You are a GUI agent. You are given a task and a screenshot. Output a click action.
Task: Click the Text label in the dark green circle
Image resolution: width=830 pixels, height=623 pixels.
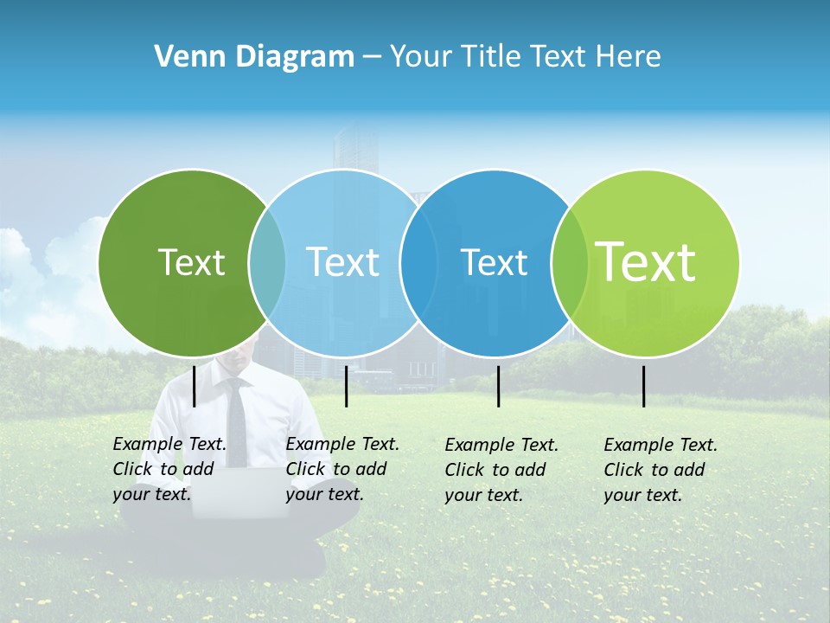pyautogui.click(x=191, y=262)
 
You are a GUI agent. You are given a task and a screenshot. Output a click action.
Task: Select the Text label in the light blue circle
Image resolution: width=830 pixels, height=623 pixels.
pyautogui.click(x=342, y=262)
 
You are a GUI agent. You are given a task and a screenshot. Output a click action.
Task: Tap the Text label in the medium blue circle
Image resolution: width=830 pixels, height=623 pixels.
pyautogui.click(x=494, y=262)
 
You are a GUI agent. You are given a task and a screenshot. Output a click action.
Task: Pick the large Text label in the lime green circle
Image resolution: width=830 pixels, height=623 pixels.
pyautogui.click(x=646, y=262)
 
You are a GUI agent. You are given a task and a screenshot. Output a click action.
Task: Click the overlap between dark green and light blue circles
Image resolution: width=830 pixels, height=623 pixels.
pyautogui.click(x=267, y=262)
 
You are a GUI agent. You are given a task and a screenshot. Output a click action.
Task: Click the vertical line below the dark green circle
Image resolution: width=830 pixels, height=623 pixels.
pyautogui.click(x=195, y=386)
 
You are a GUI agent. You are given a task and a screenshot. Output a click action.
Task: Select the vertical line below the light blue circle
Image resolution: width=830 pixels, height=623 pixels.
pyautogui.click(x=346, y=386)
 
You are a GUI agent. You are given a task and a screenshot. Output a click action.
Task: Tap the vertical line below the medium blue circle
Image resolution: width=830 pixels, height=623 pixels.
pyautogui.click(x=499, y=386)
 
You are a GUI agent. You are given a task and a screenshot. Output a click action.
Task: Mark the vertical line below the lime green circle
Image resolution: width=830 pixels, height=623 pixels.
pyautogui.click(x=644, y=386)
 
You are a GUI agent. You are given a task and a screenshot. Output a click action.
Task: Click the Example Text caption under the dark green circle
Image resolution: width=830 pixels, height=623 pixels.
pyautogui.click(x=169, y=469)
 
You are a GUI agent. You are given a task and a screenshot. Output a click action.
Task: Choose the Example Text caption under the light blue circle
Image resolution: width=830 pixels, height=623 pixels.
pyautogui.click(x=342, y=469)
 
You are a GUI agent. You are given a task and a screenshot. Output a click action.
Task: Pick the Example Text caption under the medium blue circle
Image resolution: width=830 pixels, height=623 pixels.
pyautogui.click(x=501, y=470)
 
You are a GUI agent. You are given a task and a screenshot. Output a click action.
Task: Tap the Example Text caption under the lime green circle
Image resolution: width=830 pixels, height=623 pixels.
pyautogui.click(x=661, y=470)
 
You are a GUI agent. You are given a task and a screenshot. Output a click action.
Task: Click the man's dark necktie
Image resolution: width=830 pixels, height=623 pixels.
pyautogui.click(x=235, y=424)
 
